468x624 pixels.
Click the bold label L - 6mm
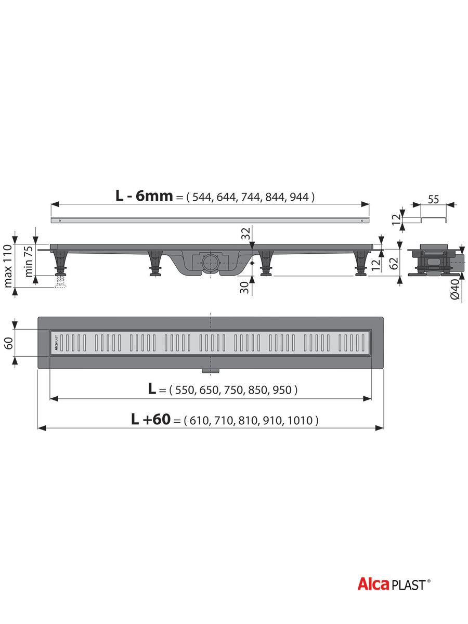[144, 196]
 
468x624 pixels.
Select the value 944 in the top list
[299, 197]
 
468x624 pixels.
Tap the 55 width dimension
[433, 199]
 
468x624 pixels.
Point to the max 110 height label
[8, 266]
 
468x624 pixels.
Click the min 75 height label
[29, 261]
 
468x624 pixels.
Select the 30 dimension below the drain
[244, 288]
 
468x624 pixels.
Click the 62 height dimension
[394, 263]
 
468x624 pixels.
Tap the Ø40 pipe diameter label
[455, 289]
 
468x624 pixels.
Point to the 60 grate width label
[8, 343]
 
